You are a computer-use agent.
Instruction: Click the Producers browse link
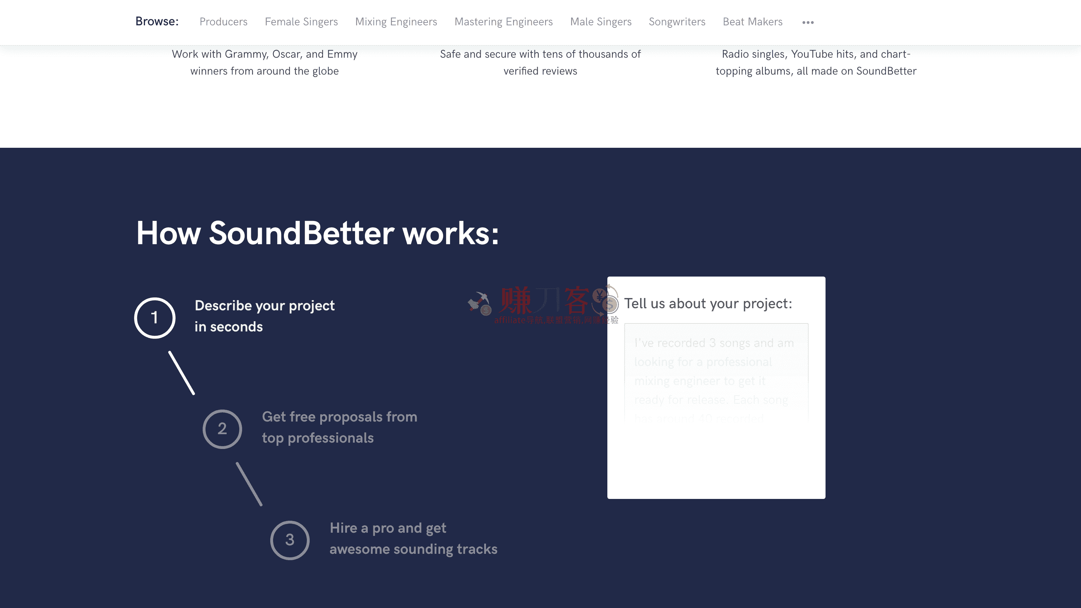click(x=223, y=22)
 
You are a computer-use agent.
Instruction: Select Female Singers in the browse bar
click(x=301, y=22)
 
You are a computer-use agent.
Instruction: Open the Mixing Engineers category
click(x=396, y=22)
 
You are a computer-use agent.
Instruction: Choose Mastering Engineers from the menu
click(x=503, y=22)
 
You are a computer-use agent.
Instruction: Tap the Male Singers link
click(x=601, y=22)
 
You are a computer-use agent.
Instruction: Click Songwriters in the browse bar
click(x=677, y=22)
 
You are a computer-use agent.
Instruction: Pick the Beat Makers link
click(x=752, y=22)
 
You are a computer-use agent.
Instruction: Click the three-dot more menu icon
click(x=808, y=23)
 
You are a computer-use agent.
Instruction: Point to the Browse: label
click(x=157, y=21)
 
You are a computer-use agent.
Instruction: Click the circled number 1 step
click(x=155, y=318)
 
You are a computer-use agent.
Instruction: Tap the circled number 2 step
click(x=222, y=429)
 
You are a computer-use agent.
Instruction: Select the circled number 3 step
click(x=290, y=540)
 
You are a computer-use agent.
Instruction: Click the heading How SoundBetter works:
click(x=317, y=233)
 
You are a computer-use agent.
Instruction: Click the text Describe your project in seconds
click(x=264, y=316)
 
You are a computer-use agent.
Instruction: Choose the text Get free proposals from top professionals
click(x=339, y=427)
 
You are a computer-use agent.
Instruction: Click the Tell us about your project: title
click(x=708, y=303)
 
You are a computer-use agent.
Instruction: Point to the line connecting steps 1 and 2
click(x=182, y=373)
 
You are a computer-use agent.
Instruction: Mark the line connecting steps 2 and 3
click(x=249, y=484)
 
